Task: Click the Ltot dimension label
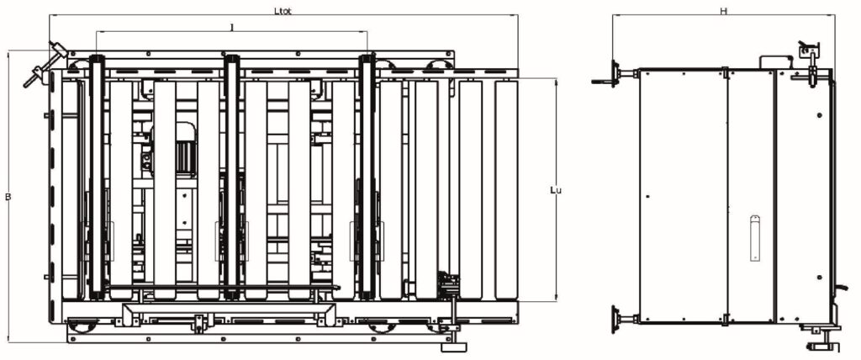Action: pyautogui.click(x=283, y=11)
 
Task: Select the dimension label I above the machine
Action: pyautogui.click(x=232, y=28)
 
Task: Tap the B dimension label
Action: pyautogui.click(x=8, y=196)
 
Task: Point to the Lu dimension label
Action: pyautogui.click(x=556, y=190)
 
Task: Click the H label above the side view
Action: pyautogui.click(x=724, y=11)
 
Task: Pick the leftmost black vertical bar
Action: pyautogui.click(x=98, y=177)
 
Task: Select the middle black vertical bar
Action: pyautogui.click(x=232, y=177)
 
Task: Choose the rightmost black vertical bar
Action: pyautogui.click(x=367, y=177)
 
